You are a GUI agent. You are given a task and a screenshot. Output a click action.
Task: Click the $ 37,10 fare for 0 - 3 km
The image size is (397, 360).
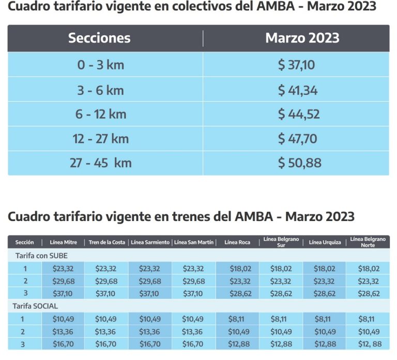click(x=296, y=65)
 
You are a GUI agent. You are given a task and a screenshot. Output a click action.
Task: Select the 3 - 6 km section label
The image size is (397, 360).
click(x=100, y=90)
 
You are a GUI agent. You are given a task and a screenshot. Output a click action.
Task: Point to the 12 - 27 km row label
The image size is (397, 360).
click(x=100, y=138)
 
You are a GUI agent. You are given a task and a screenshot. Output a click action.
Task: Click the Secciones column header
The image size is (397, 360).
click(x=99, y=38)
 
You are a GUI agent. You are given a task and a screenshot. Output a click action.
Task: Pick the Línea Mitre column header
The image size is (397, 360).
click(x=64, y=242)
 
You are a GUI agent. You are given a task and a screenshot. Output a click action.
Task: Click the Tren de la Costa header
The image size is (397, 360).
click(x=106, y=242)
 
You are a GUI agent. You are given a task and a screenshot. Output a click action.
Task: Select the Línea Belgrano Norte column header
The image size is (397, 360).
click(x=368, y=242)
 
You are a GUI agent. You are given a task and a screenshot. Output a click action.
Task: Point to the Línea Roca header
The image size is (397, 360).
click(x=237, y=242)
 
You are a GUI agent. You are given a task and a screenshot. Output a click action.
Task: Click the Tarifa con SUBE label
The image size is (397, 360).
click(x=41, y=256)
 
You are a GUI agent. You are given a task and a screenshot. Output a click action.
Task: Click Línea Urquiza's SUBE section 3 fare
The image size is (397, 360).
click(x=324, y=293)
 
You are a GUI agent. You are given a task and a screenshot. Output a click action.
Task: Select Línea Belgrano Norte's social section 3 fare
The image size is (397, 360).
click(x=369, y=344)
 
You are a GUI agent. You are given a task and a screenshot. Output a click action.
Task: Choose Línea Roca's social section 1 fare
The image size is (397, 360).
click(x=237, y=319)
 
